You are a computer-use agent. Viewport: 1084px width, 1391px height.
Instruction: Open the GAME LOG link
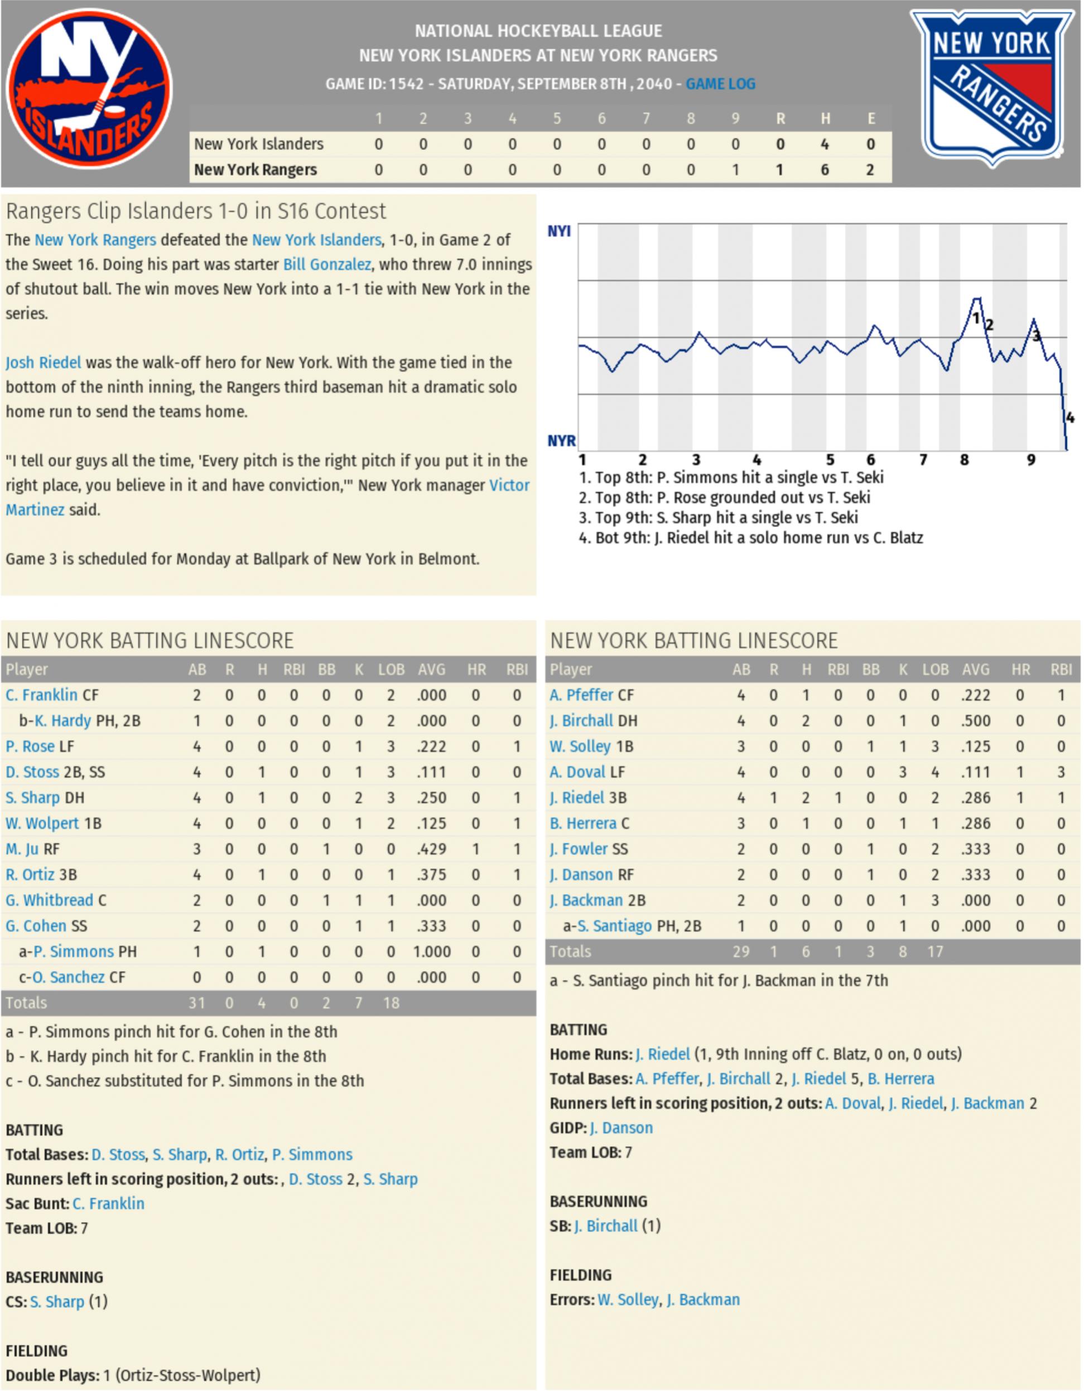[720, 84]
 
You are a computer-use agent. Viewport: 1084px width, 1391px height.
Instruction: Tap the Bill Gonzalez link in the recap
[327, 264]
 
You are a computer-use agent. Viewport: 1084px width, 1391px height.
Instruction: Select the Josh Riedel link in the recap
[44, 363]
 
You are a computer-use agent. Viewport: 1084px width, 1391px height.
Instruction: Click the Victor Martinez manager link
[509, 485]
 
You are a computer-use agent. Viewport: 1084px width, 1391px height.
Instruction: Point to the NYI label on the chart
[558, 230]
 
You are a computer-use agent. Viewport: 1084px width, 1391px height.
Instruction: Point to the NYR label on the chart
[561, 440]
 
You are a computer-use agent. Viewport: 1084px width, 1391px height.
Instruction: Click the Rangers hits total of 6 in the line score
[825, 170]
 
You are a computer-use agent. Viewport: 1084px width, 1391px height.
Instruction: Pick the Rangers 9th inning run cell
[736, 170]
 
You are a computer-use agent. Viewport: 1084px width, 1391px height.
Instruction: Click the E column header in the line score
[871, 118]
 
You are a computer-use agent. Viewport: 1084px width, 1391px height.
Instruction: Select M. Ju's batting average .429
[431, 849]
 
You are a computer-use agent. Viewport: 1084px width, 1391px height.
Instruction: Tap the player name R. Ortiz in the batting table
[30, 874]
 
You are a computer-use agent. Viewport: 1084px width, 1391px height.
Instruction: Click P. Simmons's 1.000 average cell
[431, 951]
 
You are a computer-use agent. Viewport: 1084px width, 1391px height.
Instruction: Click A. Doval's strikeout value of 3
[903, 772]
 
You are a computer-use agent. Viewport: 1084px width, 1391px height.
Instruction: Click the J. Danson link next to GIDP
[620, 1128]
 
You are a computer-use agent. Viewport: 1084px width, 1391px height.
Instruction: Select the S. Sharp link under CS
[57, 1302]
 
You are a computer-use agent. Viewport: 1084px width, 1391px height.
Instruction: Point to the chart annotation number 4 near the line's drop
[1070, 418]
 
